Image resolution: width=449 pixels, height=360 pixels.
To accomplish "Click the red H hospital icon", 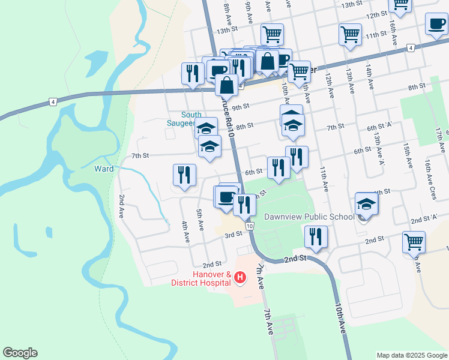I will (240, 277).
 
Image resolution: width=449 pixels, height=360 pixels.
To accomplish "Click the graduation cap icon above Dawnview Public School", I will (366, 204).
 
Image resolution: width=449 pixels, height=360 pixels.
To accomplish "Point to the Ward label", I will (104, 169).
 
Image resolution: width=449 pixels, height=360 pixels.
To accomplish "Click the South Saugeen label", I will (191, 119).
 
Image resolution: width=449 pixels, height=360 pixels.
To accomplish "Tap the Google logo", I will (20, 353).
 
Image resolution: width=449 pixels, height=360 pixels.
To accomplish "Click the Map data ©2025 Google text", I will (411, 355).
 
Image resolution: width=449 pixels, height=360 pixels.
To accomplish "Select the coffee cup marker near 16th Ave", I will (436, 24).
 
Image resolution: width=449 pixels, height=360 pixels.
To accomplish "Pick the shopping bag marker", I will (267, 61).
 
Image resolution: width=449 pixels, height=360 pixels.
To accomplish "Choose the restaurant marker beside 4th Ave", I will (184, 175).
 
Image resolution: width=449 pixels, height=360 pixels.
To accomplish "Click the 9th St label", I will (240, 107).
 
